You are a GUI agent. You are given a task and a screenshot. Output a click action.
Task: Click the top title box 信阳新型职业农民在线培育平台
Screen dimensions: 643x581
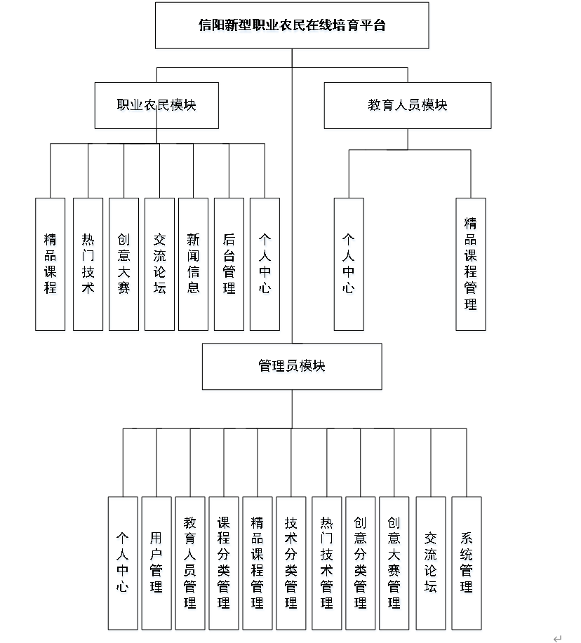[x=292, y=25]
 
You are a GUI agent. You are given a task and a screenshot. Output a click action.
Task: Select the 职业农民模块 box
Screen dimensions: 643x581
[x=156, y=105]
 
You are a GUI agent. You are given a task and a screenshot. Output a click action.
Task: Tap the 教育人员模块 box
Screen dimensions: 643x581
[x=408, y=105]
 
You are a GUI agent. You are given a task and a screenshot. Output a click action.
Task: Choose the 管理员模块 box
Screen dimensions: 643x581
[x=292, y=366]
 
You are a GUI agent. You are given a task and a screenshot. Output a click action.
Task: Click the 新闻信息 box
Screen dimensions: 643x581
[x=193, y=264]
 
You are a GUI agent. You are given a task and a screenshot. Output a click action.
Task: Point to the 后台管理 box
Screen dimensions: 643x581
[x=229, y=264]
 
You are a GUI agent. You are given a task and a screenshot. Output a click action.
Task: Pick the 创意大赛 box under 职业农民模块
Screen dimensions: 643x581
[x=123, y=264]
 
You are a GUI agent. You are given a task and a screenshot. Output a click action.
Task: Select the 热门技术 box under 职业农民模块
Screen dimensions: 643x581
[x=88, y=264]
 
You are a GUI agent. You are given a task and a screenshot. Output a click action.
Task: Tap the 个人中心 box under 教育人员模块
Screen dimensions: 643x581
[x=349, y=264]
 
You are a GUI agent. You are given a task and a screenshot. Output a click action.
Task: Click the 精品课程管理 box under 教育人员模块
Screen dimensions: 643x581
[x=470, y=264]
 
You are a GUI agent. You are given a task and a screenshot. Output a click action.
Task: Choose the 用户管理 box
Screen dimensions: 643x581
[x=156, y=562]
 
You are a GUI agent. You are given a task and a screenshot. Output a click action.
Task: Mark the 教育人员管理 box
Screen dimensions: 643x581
[x=190, y=562]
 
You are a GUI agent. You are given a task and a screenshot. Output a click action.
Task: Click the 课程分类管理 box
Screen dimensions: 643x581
[x=224, y=562]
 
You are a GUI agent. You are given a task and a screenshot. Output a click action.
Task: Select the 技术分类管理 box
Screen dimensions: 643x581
[x=291, y=562]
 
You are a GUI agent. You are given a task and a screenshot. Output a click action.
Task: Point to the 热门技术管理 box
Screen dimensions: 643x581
[x=326, y=562]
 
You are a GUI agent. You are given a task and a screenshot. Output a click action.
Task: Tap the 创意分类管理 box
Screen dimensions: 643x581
[x=360, y=562]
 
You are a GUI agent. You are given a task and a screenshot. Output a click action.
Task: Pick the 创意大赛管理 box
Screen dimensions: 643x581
[x=394, y=562]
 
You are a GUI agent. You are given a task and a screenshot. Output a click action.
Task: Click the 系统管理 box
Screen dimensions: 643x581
[x=467, y=562]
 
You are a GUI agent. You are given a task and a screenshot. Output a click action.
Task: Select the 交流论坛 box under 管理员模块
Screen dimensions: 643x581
[x=431, y=562]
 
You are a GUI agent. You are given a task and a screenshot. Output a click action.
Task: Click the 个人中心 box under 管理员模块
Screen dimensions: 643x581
[x=123, y=562]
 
